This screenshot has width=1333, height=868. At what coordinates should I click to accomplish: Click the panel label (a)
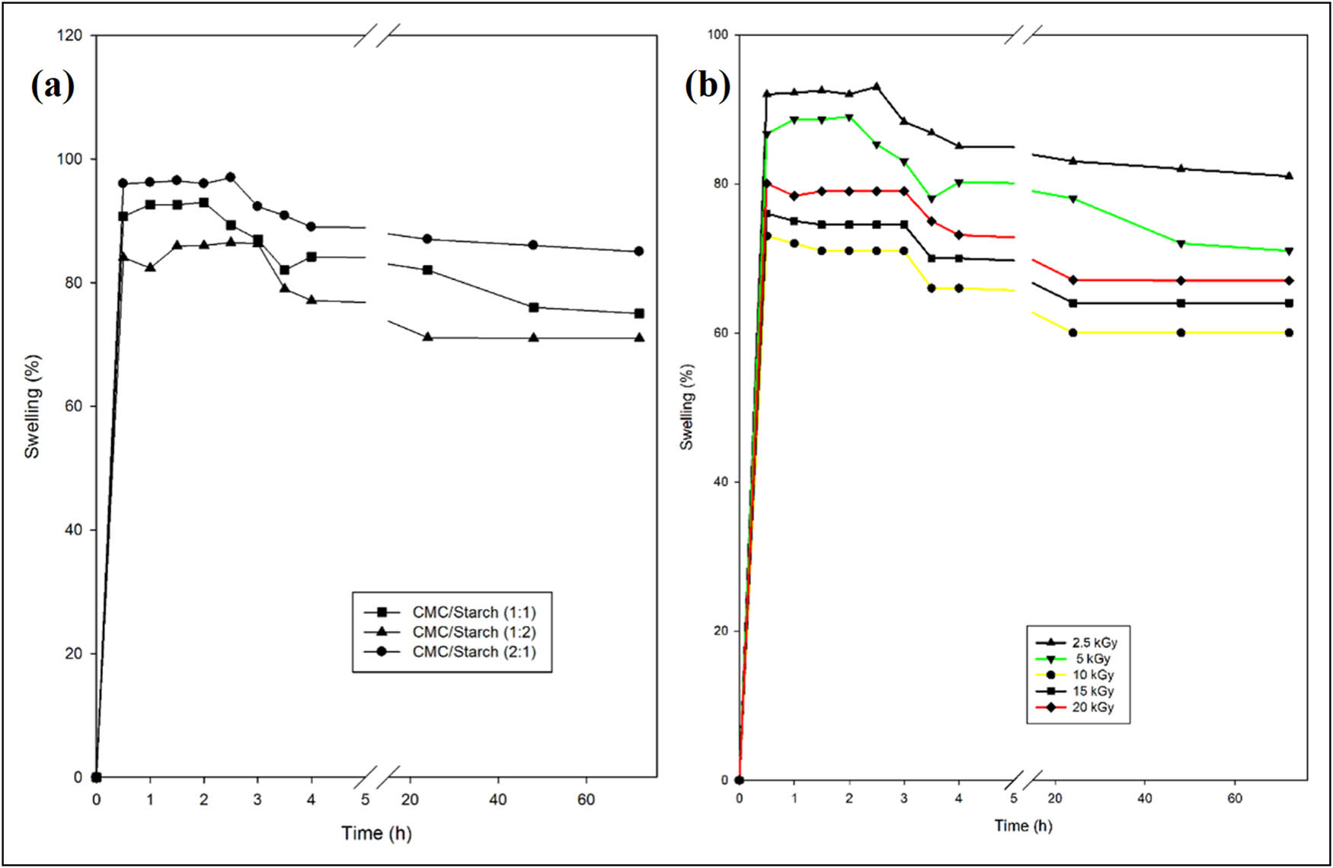(x=53, y=86)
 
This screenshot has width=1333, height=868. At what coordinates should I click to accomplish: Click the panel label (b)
(x=707, y=85)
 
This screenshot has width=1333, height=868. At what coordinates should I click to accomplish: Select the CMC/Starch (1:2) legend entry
(x=474, y=632)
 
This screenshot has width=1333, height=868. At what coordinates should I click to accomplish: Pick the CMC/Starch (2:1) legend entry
(x=474, y=652)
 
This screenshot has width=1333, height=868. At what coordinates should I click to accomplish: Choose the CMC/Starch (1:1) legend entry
(x=474, y=612)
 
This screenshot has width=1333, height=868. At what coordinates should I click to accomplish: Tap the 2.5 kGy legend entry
(x=1094, y=643)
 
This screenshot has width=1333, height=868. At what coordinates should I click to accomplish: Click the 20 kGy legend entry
(x=1092, y=707)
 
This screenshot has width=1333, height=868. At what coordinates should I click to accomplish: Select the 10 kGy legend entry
(x=1092, y=675)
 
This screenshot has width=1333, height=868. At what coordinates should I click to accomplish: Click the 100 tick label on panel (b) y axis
(x=718, y=34)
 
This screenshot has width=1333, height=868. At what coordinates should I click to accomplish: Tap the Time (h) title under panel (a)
(x=376, y=833)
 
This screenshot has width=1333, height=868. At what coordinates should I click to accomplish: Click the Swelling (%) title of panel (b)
(x=687, y=407)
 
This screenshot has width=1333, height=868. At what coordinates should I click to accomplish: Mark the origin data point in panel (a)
(x=96, y=777)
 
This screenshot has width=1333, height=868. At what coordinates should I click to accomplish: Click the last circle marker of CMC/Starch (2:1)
(x=639, y=251)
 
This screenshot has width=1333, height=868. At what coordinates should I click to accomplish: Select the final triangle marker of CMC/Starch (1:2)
(x=639, y=337)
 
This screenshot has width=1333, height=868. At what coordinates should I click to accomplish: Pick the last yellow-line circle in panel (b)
(x=1289, y=333)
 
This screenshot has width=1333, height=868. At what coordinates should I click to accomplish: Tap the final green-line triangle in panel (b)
(x=1289, y=251)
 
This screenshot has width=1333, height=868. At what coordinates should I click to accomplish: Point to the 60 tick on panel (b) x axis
(x=1235, y=798)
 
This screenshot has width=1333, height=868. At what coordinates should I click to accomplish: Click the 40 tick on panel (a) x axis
(x=498, y=799)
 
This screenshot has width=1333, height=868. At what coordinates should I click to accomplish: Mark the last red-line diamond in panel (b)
(x=1289, y=281)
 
